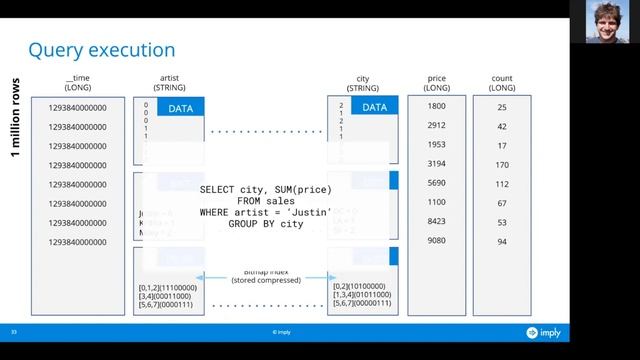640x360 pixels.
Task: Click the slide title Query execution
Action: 102,50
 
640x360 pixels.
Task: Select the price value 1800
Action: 436,106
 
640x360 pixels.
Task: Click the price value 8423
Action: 436,222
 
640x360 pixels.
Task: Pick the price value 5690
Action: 436,184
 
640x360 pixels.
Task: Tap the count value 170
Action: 502,165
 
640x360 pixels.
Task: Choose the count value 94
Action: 502,242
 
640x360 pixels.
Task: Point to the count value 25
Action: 502,107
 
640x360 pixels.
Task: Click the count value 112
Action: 502,184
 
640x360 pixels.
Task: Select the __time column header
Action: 77,82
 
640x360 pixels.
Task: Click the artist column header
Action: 169,82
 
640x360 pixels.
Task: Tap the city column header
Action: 363,82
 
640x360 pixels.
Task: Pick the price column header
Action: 436,82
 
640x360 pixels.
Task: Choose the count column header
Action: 502,82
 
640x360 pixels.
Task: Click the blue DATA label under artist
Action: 181,108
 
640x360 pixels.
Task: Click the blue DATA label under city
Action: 374,108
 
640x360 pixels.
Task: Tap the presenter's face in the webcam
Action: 607,20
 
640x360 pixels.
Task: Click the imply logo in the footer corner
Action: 539,332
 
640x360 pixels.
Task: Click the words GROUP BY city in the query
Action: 265,224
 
